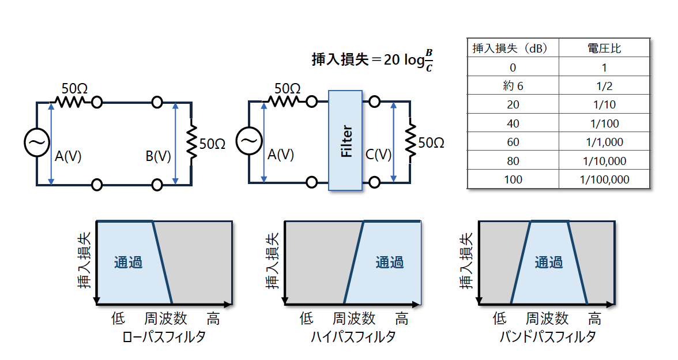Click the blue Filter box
point(345,140)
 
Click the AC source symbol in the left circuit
point(36,142)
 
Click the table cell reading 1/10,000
point(604,161)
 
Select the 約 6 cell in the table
point(513,86)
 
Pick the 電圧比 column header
point(604,48)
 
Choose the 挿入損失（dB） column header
point(513,48)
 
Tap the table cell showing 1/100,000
point(604,179)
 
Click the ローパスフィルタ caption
point(164,337)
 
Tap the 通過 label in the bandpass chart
point(548,262)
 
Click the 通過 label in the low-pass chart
point(128,262)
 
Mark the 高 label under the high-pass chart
point(401,318)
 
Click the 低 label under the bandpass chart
point(500,318)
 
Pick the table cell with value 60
point(513,142)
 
